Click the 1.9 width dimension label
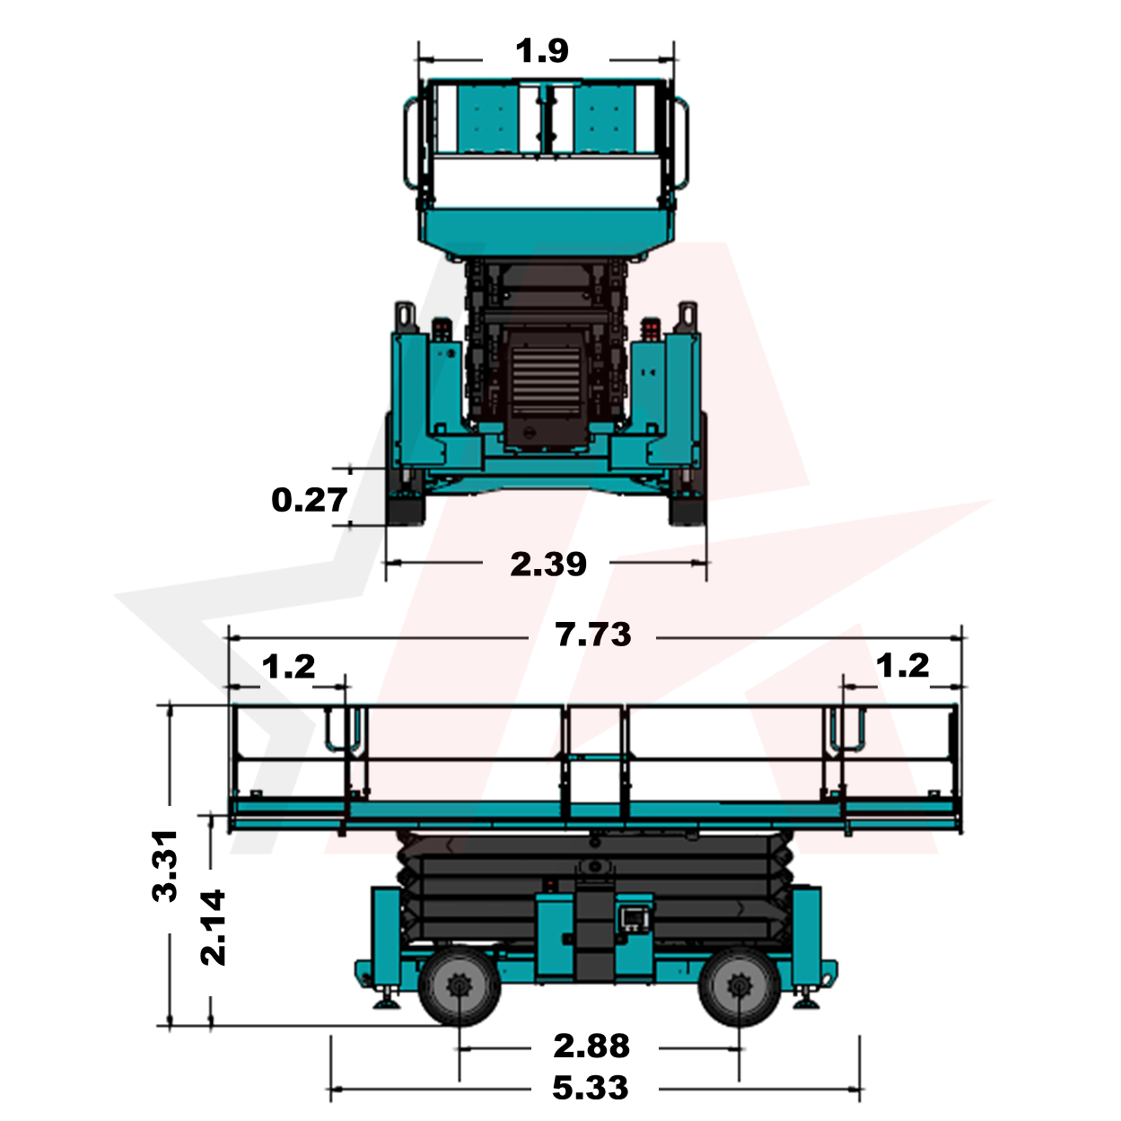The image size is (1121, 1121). coord(541,50)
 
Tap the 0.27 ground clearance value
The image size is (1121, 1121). coord(310,500)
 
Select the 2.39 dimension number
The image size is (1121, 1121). coord(548,565)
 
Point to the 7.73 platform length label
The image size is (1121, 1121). coord(592,635)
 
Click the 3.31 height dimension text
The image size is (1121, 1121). coord(164,866)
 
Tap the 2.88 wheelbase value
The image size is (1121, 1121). coord(591,1046)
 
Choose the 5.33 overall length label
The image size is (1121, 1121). coord(591,1089)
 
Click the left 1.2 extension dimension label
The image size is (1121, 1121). coord(288,667)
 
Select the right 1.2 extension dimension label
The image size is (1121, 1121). coord(902,666)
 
